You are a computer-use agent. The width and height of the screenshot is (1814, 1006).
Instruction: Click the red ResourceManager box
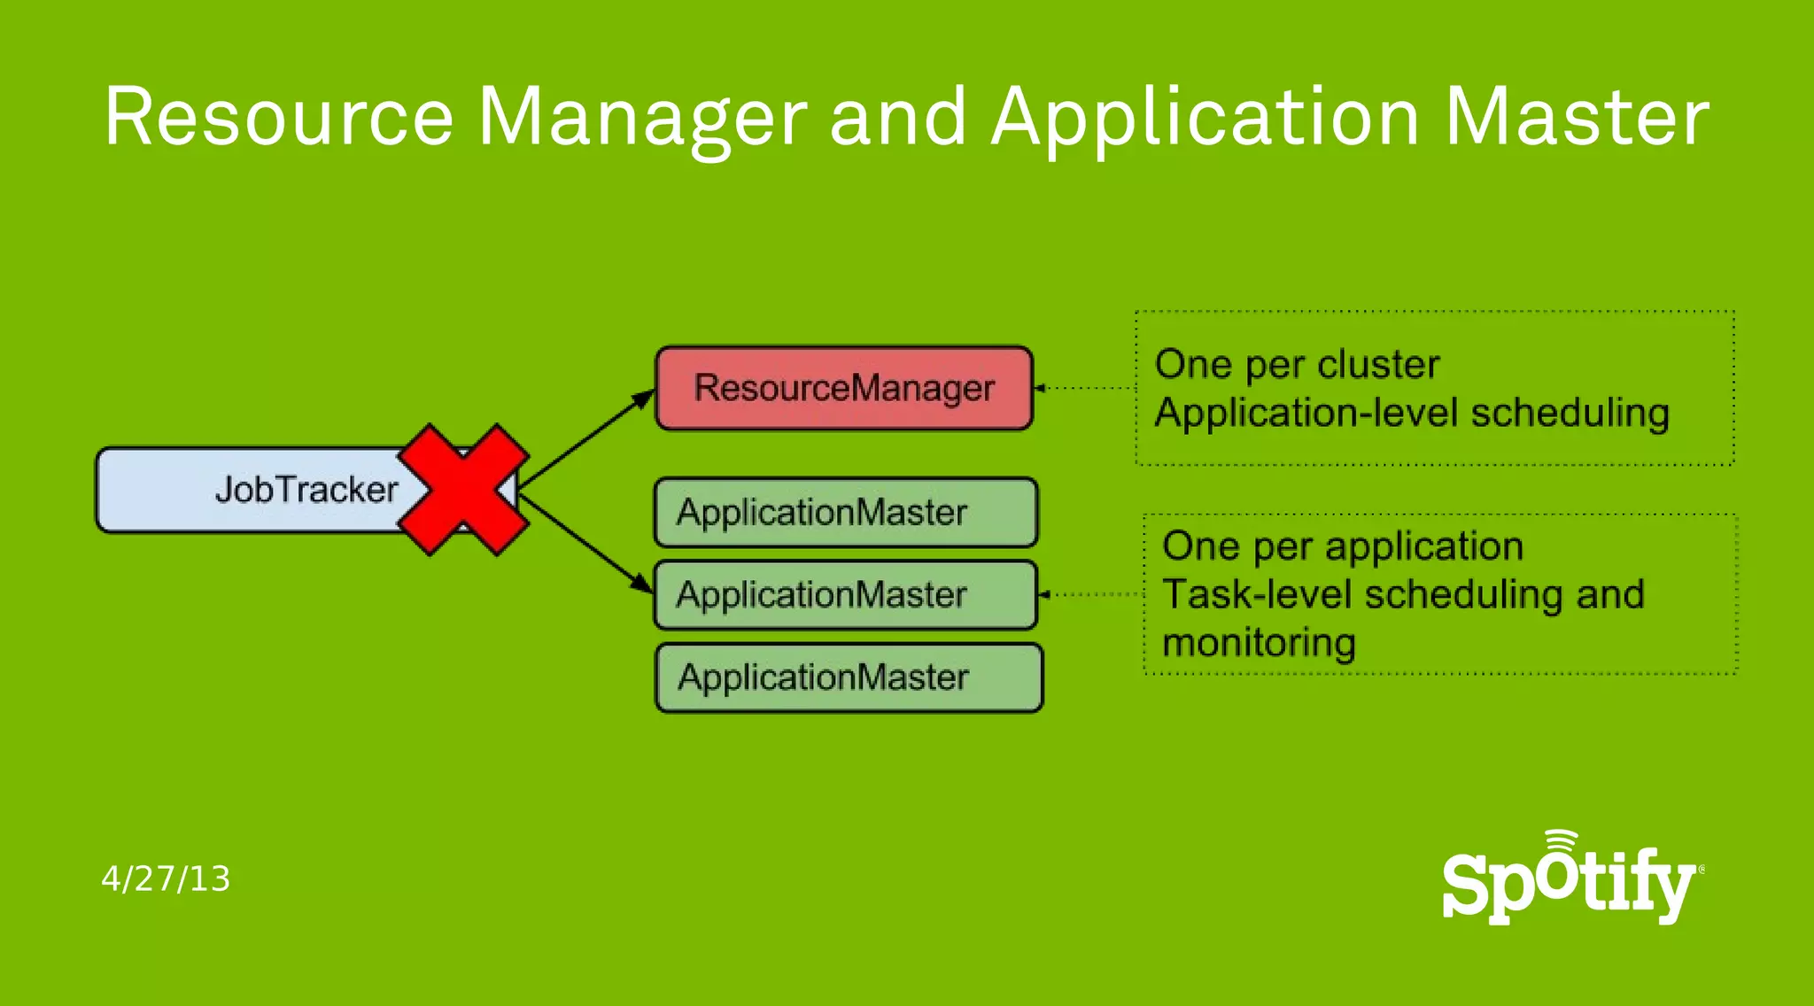(844, 388)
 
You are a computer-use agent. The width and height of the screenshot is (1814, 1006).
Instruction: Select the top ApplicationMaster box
(846, 513)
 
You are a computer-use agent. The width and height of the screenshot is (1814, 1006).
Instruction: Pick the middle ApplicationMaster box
(846, 595)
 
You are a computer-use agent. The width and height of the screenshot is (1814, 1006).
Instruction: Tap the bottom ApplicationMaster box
(849, 677)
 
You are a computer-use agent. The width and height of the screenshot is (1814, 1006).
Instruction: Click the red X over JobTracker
(463, 489)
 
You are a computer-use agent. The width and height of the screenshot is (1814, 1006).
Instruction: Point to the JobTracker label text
(306, 490)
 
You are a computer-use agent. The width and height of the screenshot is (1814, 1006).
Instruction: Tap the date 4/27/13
(166, 878)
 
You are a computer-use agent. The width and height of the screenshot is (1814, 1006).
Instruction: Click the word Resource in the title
(279, 117)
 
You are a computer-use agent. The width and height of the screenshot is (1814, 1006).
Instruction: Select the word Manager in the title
(642, 119)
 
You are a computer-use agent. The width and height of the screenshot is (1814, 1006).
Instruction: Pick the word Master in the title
(1577, 117)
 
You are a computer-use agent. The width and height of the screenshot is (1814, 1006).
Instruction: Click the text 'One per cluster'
(1298, 365)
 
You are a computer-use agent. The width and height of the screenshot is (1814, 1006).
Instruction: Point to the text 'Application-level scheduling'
(1412, 413)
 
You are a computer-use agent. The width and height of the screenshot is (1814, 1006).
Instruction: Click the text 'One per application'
(1343, 546)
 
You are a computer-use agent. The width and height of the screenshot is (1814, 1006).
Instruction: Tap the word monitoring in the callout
(1259, 643)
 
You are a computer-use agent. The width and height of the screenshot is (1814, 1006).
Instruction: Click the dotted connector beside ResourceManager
(1086, 388)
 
